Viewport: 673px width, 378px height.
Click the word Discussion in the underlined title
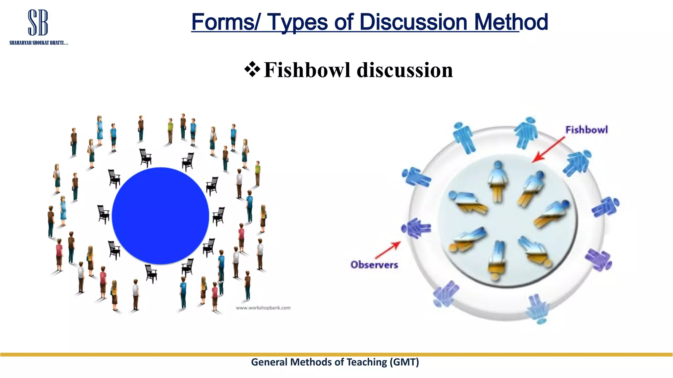413,22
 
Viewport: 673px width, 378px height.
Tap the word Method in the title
511,22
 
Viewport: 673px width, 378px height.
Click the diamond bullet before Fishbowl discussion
252,69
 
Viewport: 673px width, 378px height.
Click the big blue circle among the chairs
160,216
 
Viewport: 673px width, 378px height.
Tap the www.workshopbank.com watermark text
263,308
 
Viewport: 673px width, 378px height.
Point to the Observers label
374,264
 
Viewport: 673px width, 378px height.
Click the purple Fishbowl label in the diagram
587,130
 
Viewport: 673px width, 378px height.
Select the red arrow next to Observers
388,250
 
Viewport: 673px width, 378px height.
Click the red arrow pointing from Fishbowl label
548,149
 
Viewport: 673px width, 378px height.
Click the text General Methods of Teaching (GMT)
335,362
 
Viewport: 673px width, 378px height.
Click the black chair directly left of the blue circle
104,214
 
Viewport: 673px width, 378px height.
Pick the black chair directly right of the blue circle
219,216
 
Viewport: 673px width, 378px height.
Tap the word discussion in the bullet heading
405,70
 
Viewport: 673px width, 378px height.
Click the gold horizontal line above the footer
336,354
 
